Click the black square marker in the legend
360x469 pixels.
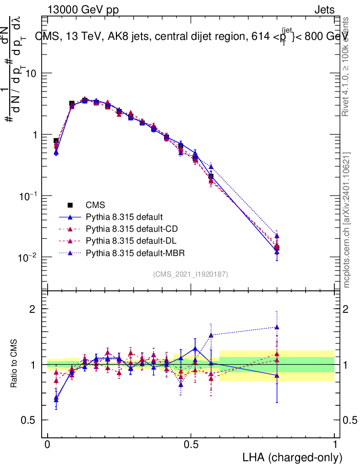coord(70,205)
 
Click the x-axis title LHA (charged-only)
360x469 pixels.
coord(293,457)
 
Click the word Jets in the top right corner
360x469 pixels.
coord(324,10)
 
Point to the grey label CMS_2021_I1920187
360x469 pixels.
coord(191,274)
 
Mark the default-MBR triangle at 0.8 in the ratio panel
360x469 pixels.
coord(277,327)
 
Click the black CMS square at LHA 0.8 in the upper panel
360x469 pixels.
coord(277,248)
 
